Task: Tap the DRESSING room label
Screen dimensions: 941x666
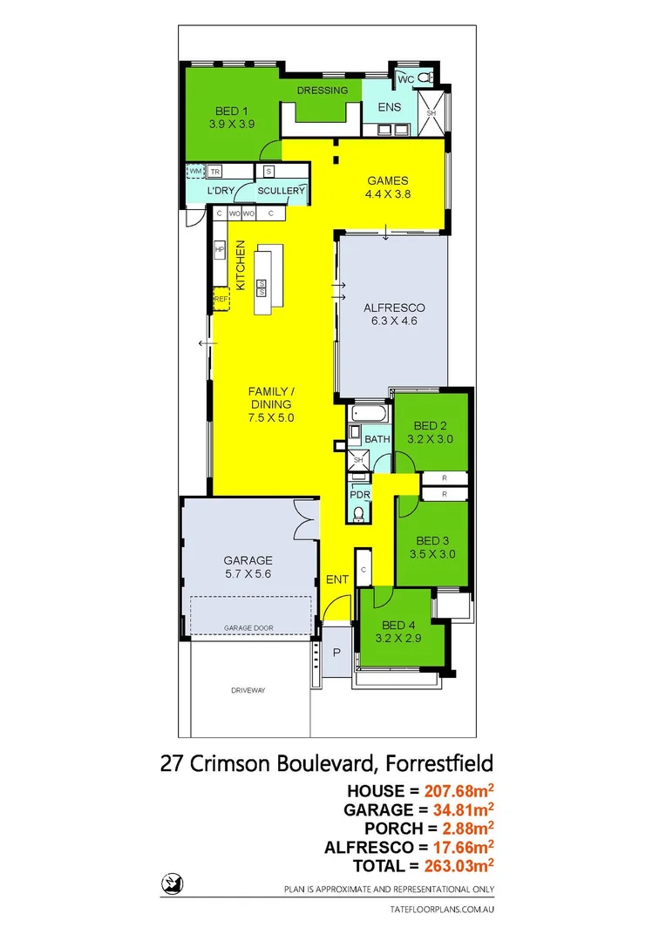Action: (322, 91)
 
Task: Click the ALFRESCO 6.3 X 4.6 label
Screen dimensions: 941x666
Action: (393, 315)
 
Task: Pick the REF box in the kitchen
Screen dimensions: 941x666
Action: (221, 300)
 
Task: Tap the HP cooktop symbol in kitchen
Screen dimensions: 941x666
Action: (220, 251)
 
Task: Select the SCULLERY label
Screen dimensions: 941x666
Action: (281, 191)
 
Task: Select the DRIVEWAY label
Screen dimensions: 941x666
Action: (248, 690)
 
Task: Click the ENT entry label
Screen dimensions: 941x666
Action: (336, 579)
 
